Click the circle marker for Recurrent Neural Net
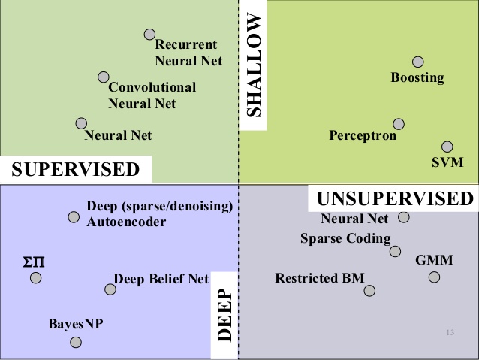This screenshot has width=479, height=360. pos(149,34)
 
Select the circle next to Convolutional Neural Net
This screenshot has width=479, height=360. pos(104,77)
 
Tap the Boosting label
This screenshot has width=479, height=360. pos(417,77)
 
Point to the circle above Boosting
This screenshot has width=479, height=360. pos(418,62)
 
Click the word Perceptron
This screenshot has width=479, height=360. pos(363,136)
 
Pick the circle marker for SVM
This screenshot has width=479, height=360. pos(447,147)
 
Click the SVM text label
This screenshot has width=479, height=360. pos(448,162)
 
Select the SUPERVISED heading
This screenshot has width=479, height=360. pos(77,169)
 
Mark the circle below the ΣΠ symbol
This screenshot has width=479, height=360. pos(35,278)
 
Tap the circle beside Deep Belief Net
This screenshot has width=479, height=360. pos(110,289)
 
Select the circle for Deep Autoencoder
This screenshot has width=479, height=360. pos(74,217)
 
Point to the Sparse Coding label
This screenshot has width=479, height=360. pos(345,239)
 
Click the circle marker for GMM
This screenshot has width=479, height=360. pos(434,277)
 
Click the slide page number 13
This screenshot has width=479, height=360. pos(450,332)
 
